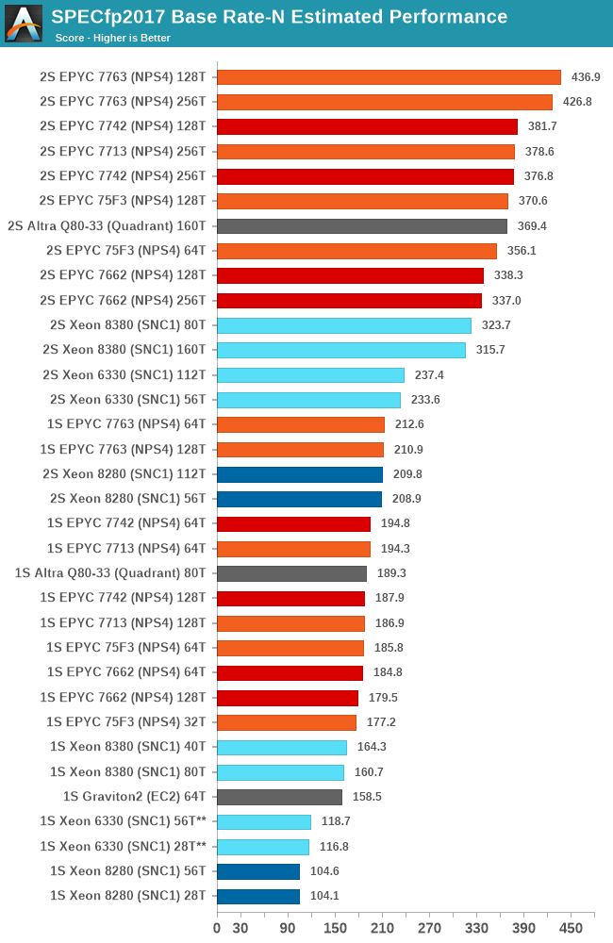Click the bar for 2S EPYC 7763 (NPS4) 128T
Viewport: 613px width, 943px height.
[x=389, y=77]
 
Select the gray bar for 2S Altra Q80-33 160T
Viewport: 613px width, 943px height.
[x=362, y=226]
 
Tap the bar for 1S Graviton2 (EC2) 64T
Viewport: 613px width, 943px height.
[x=279, y=797]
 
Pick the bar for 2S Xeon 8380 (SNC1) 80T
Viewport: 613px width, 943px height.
[x=344, y=325]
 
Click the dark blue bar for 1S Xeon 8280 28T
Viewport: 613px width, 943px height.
[x=258, y=896]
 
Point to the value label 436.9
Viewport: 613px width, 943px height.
[x=586, y=77]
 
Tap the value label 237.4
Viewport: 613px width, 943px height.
[x=429, y=375]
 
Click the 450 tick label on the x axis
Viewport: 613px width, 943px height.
[x=571, y=928]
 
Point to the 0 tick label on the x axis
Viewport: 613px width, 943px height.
[x=217, y=928]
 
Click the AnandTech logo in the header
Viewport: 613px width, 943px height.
[x=24, y=24]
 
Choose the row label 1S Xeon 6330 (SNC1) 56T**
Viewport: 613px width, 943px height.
[x=123, y=821]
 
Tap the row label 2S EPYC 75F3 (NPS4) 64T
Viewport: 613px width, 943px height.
[x=125, y=251]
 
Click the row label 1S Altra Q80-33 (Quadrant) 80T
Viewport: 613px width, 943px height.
[x=110, y=573]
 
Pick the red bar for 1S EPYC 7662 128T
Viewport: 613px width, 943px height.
[x=288, y=698]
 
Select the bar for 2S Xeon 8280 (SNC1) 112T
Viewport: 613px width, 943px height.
[x=300, y=474]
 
